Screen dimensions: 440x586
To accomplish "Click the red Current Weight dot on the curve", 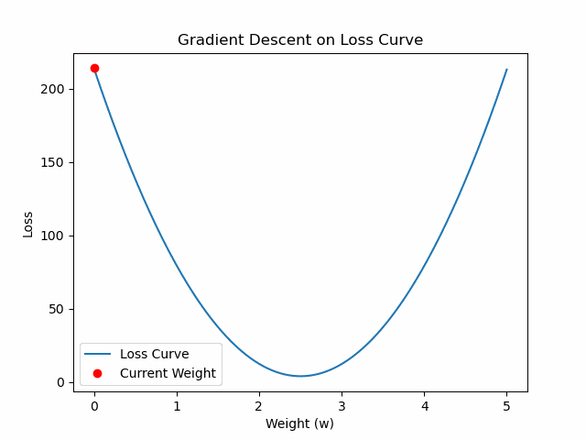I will (x=94, y=68).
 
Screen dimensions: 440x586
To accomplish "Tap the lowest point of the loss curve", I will (x=300, y=376).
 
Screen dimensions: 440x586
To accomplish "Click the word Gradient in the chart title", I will (x=206, y=40).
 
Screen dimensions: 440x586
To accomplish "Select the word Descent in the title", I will (x=265, y=40).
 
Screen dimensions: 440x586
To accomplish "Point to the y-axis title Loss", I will (x=27, y=224).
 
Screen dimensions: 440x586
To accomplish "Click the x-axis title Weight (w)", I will (x=300, y=423).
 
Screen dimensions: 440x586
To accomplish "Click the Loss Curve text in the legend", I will (x=154, y=354).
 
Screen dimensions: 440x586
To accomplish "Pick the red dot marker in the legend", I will (x=97, y=373).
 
